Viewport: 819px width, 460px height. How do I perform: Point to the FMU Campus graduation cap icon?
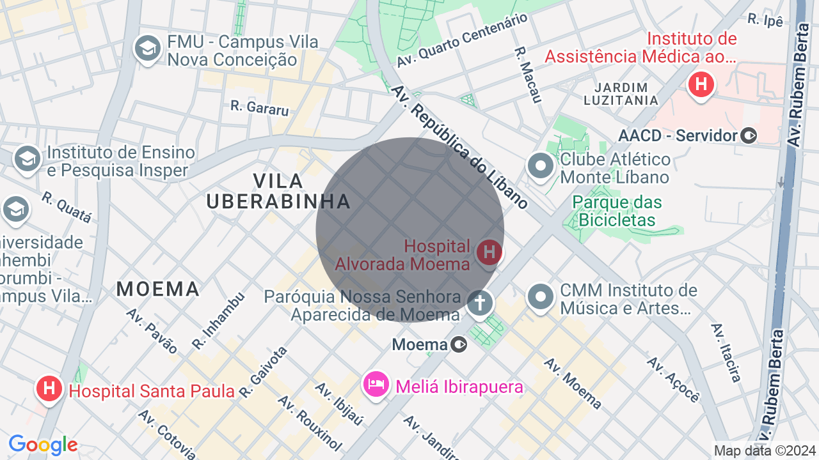click(x=148, y=49)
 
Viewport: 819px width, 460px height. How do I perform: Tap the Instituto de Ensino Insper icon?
click(x=27, y=160)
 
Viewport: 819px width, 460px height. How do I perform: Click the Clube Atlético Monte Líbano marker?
click(x=541, y=166)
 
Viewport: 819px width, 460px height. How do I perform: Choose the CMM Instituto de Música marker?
click(x=541, y=296)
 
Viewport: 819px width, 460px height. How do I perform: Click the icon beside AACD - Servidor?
click(x=749, y=135)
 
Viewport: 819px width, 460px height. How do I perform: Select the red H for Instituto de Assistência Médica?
click(x=701, y=84)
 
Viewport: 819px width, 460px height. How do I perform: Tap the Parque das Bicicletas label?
click(x=617, y=211)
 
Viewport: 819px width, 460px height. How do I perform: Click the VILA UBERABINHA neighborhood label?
click(x=278, y=191)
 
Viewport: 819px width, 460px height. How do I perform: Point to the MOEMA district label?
click(x=158, y=289)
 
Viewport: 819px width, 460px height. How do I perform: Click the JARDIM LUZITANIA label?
click(x=621, y=93)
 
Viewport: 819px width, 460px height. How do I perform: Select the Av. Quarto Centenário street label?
click(x=462, y=40)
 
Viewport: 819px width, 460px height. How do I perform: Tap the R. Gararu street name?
click(x=259, y=107)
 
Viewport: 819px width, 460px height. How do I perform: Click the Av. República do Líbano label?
click(x=460, y=148)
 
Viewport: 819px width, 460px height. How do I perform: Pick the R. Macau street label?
click(x=528, y=73)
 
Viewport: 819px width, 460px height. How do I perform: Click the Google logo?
click(x=43, y=445)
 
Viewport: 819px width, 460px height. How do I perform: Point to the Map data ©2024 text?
click(x=765, y=450)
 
